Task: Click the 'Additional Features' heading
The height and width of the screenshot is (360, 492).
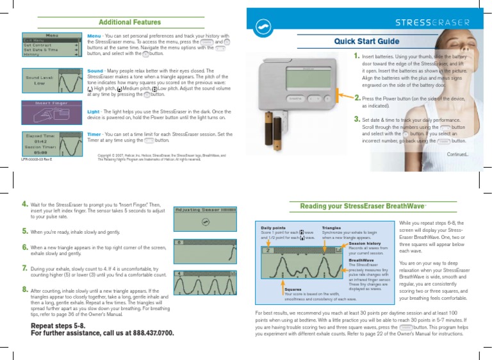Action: pos(126,22)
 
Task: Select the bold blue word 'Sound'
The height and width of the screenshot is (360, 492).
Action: pos(95,70)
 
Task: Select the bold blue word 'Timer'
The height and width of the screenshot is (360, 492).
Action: pos(94,135)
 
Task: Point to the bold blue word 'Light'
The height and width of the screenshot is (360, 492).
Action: pos(94,111)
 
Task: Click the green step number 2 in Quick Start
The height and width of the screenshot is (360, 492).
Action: pos(357,99)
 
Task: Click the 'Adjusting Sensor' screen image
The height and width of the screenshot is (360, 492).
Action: pos(205,217)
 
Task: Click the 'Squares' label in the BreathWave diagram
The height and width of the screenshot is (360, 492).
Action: pos(294,289)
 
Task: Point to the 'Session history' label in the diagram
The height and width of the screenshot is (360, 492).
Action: pos(365,243)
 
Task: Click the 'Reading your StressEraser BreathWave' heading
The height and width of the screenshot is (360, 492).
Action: pos(363,206)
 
